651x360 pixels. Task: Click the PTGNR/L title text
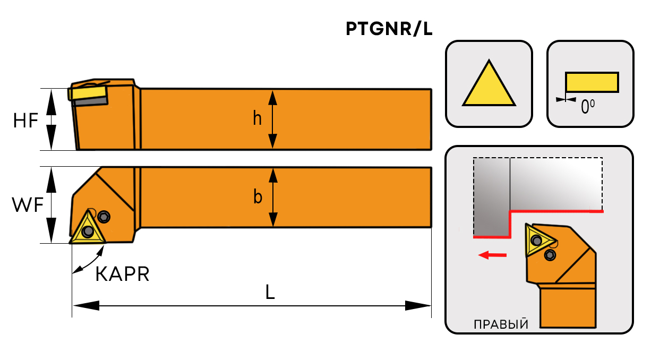point(389,30)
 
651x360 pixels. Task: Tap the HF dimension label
point(25,121)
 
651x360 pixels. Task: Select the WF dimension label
point(27,205)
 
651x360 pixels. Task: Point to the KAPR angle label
point(122,274)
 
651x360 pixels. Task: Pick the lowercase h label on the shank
point(258,119)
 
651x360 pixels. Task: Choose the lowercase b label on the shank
point(258,198)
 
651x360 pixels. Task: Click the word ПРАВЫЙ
point(501,324)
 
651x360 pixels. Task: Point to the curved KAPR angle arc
point(85,263)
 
